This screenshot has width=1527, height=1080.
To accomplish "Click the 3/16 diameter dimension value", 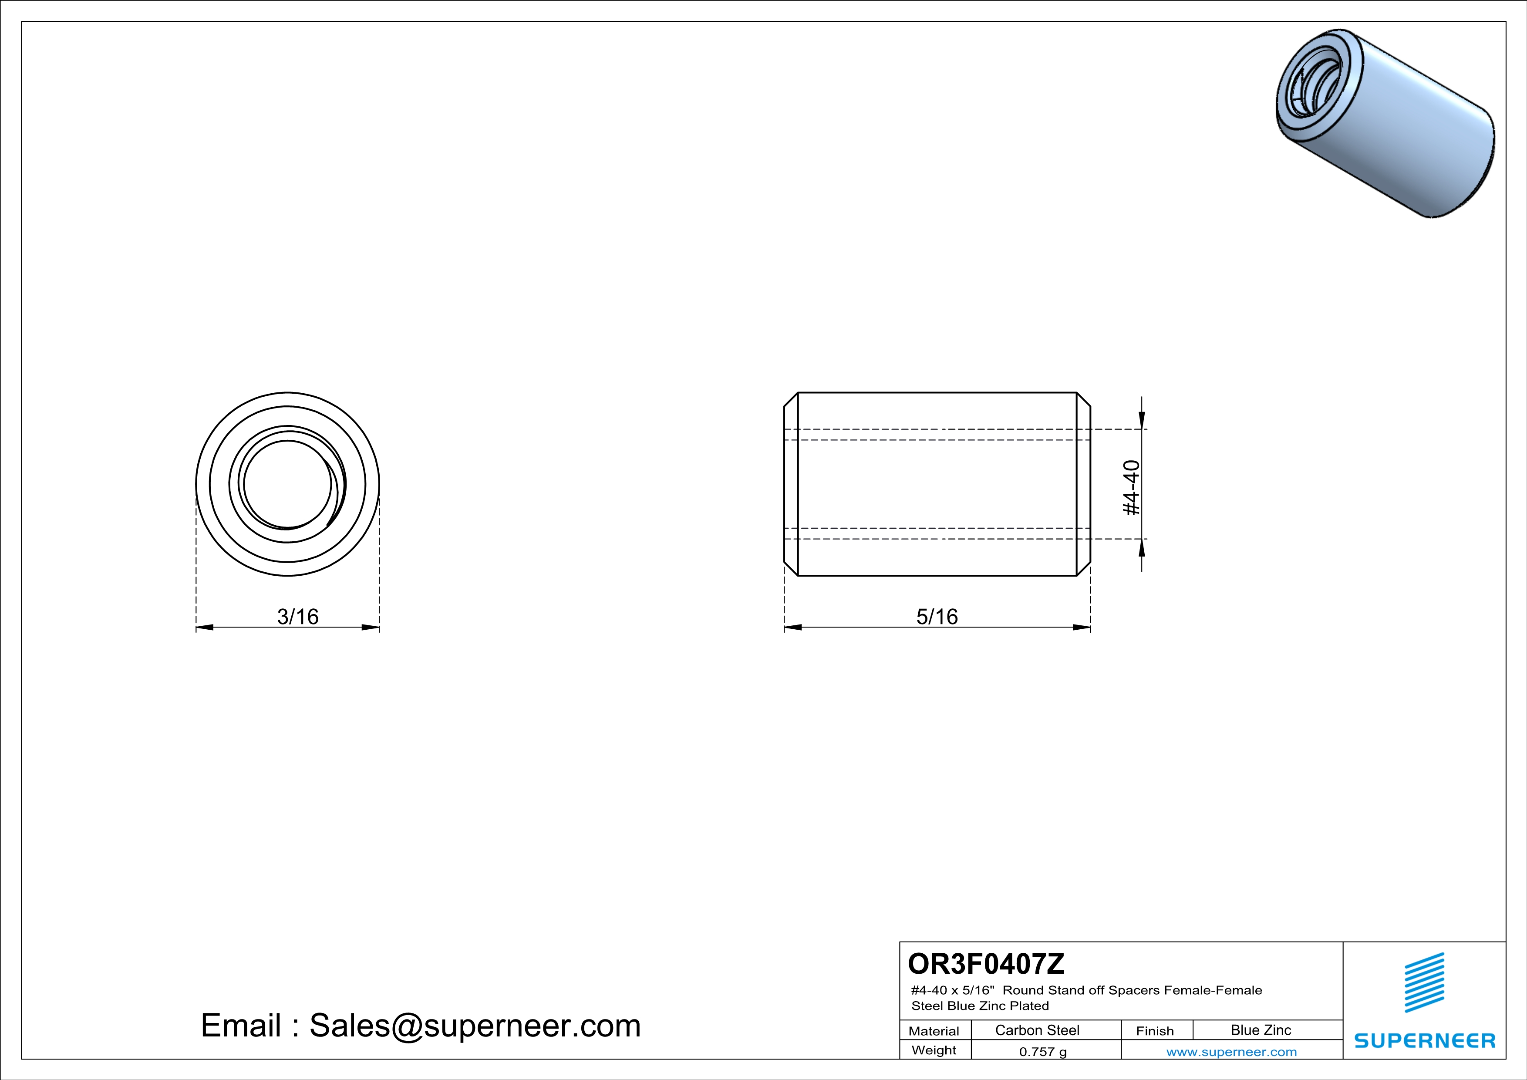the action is [298, 617].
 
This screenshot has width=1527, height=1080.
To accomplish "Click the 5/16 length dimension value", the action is [937, 617].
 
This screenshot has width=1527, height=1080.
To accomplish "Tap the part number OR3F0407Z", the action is [986, 963].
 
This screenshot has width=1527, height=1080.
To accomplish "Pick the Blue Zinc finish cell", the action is [1261, 1030].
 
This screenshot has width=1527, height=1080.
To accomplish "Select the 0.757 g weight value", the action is [1043, 1051].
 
